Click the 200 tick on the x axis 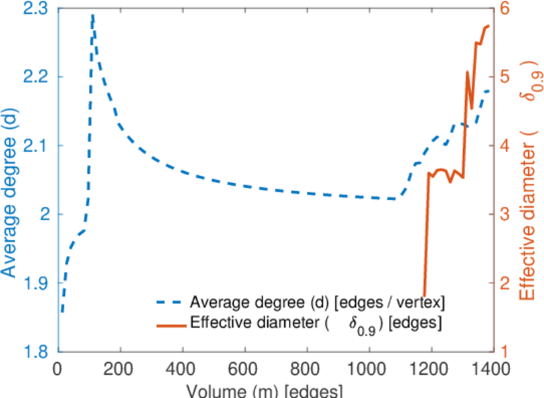click(x=121, y=368)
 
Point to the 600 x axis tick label click(x=245, y=368)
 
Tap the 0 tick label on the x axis click(x=59, y=368)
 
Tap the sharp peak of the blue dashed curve click(x=93, y=15)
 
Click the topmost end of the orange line click(x=488, y=26)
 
